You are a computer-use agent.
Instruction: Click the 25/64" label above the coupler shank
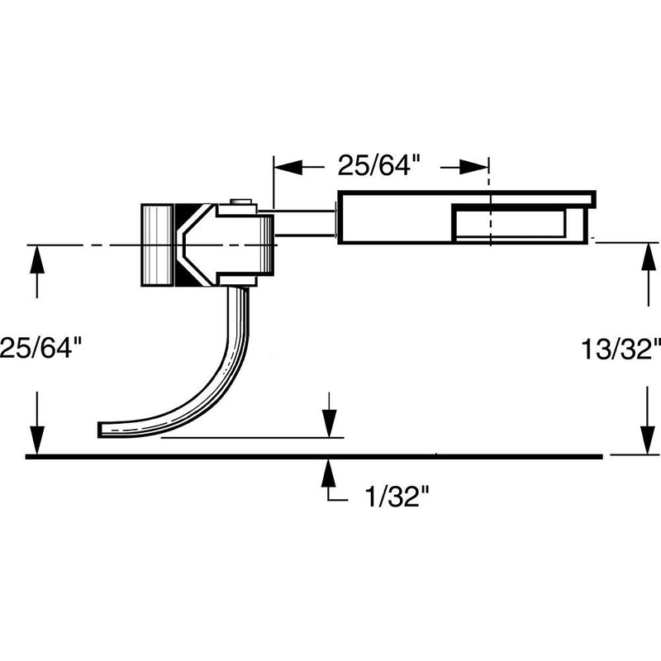(x=379, y=166)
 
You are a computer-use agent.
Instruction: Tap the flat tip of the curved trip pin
(x=103, y=429)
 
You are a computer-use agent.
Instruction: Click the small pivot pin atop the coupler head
(x=240, y=202)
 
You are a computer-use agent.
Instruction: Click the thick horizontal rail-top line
(x=314, y=455)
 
